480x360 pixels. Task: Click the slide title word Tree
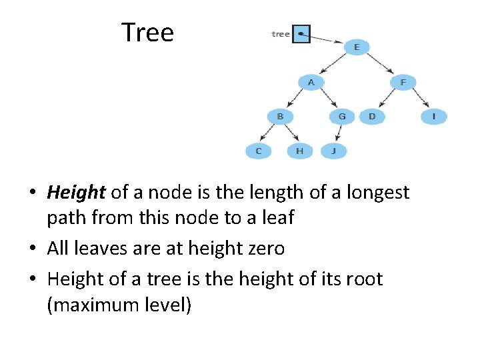tap(147, 32)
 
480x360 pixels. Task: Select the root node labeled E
tap(357, 47)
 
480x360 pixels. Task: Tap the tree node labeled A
tap(311, 83)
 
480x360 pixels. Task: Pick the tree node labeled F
tap(403, 83)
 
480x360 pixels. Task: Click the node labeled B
tap(280, 117)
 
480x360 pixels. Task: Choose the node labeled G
tap(342, 117)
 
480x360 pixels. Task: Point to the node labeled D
tap(372, 117)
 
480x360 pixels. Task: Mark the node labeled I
tap(434, 117)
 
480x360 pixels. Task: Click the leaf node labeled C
tap(259, 151)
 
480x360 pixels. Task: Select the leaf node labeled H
tap(299, 151)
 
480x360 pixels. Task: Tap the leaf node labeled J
tap(334, 151)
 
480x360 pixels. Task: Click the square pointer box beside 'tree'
tap(302, 34)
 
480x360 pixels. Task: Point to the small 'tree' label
tap(281, 34)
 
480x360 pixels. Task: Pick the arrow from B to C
tap(269, 134)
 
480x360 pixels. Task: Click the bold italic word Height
tap(76, 193)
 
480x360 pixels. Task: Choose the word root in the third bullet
tap(361, 279)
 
